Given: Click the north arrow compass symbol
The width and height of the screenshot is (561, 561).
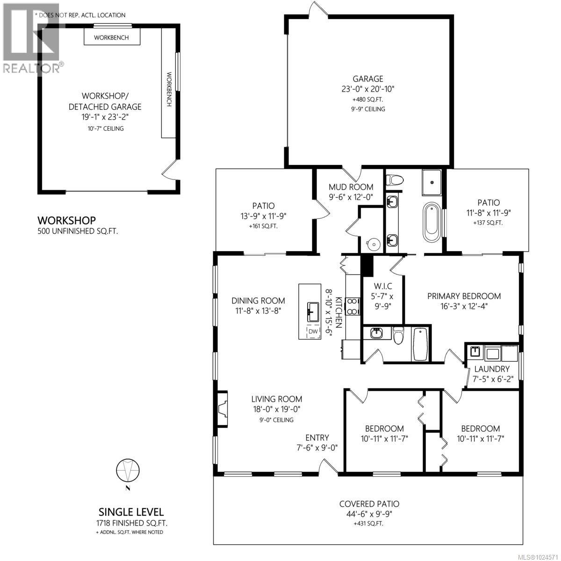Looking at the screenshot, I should [x=127, y=469].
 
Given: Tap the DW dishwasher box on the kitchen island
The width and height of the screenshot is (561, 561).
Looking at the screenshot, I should [x=313, y=331].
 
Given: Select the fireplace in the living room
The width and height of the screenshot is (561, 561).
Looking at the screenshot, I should [x=222, y=403].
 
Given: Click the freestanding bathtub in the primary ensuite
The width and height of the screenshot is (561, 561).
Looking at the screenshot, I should [x=432, y=222].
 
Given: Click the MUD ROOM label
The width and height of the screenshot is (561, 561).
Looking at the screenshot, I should [x=351, y=187].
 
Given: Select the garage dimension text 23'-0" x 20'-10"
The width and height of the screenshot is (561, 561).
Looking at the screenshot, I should [x=368, y=89].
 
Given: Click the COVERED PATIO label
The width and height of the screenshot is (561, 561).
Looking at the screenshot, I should [x=369, y=504].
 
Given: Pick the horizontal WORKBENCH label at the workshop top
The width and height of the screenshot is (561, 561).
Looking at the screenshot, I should [x=111, y=37].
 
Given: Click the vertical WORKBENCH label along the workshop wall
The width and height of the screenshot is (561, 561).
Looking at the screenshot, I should [x=169, y=89].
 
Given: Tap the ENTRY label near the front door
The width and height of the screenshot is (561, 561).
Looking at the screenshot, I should [x=317, y=438].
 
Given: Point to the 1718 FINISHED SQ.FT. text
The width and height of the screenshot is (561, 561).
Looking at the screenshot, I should [x=130, y=523].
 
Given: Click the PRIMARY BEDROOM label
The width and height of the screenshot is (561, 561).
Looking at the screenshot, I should [x=464, y=296].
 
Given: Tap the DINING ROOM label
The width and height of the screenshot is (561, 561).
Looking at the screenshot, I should [x=258, y=301].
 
